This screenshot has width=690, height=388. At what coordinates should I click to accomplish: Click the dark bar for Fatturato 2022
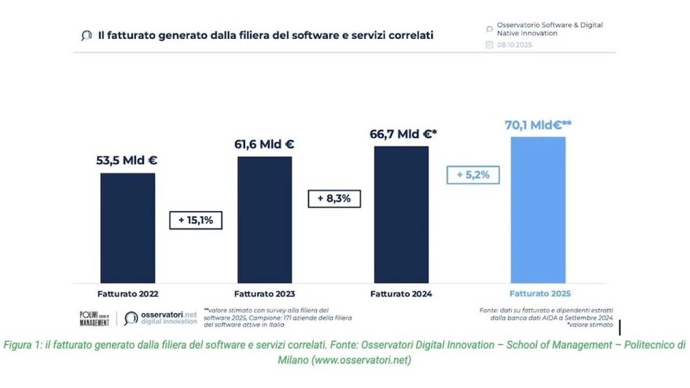[128, 228]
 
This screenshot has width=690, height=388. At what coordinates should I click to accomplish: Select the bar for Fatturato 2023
[265, 220]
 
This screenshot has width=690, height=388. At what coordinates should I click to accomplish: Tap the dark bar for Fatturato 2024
[401, 214]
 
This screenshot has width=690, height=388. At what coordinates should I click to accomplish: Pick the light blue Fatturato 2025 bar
[538, 210]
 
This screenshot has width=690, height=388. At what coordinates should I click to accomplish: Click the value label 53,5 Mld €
[127, 161]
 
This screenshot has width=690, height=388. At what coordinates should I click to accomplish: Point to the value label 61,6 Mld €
[264, 144]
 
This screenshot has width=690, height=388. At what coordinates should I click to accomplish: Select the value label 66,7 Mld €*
[403, 134]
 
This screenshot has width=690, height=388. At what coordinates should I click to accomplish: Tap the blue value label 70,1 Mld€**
[538, 125]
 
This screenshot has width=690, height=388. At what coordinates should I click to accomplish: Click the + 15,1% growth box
[196, 220]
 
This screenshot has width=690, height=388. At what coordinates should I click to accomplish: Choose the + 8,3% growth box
[334, 198]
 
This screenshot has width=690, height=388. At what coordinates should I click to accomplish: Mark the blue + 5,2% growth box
[473, 175]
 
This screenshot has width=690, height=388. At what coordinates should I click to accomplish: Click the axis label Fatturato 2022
[128, 294]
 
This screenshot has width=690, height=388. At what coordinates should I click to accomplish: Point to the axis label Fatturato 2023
[264, 294]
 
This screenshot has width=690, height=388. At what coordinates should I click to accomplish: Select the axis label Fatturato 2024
[401, 294]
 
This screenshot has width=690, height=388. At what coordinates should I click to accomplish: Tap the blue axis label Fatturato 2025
[540, 294]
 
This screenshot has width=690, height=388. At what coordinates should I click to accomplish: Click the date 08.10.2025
[514, 45]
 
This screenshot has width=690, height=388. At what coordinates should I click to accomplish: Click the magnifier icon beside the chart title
[86, 36]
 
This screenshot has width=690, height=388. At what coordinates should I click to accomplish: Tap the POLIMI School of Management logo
[94, 318]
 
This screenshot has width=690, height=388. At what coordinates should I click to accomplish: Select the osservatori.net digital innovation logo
[161, 318]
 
